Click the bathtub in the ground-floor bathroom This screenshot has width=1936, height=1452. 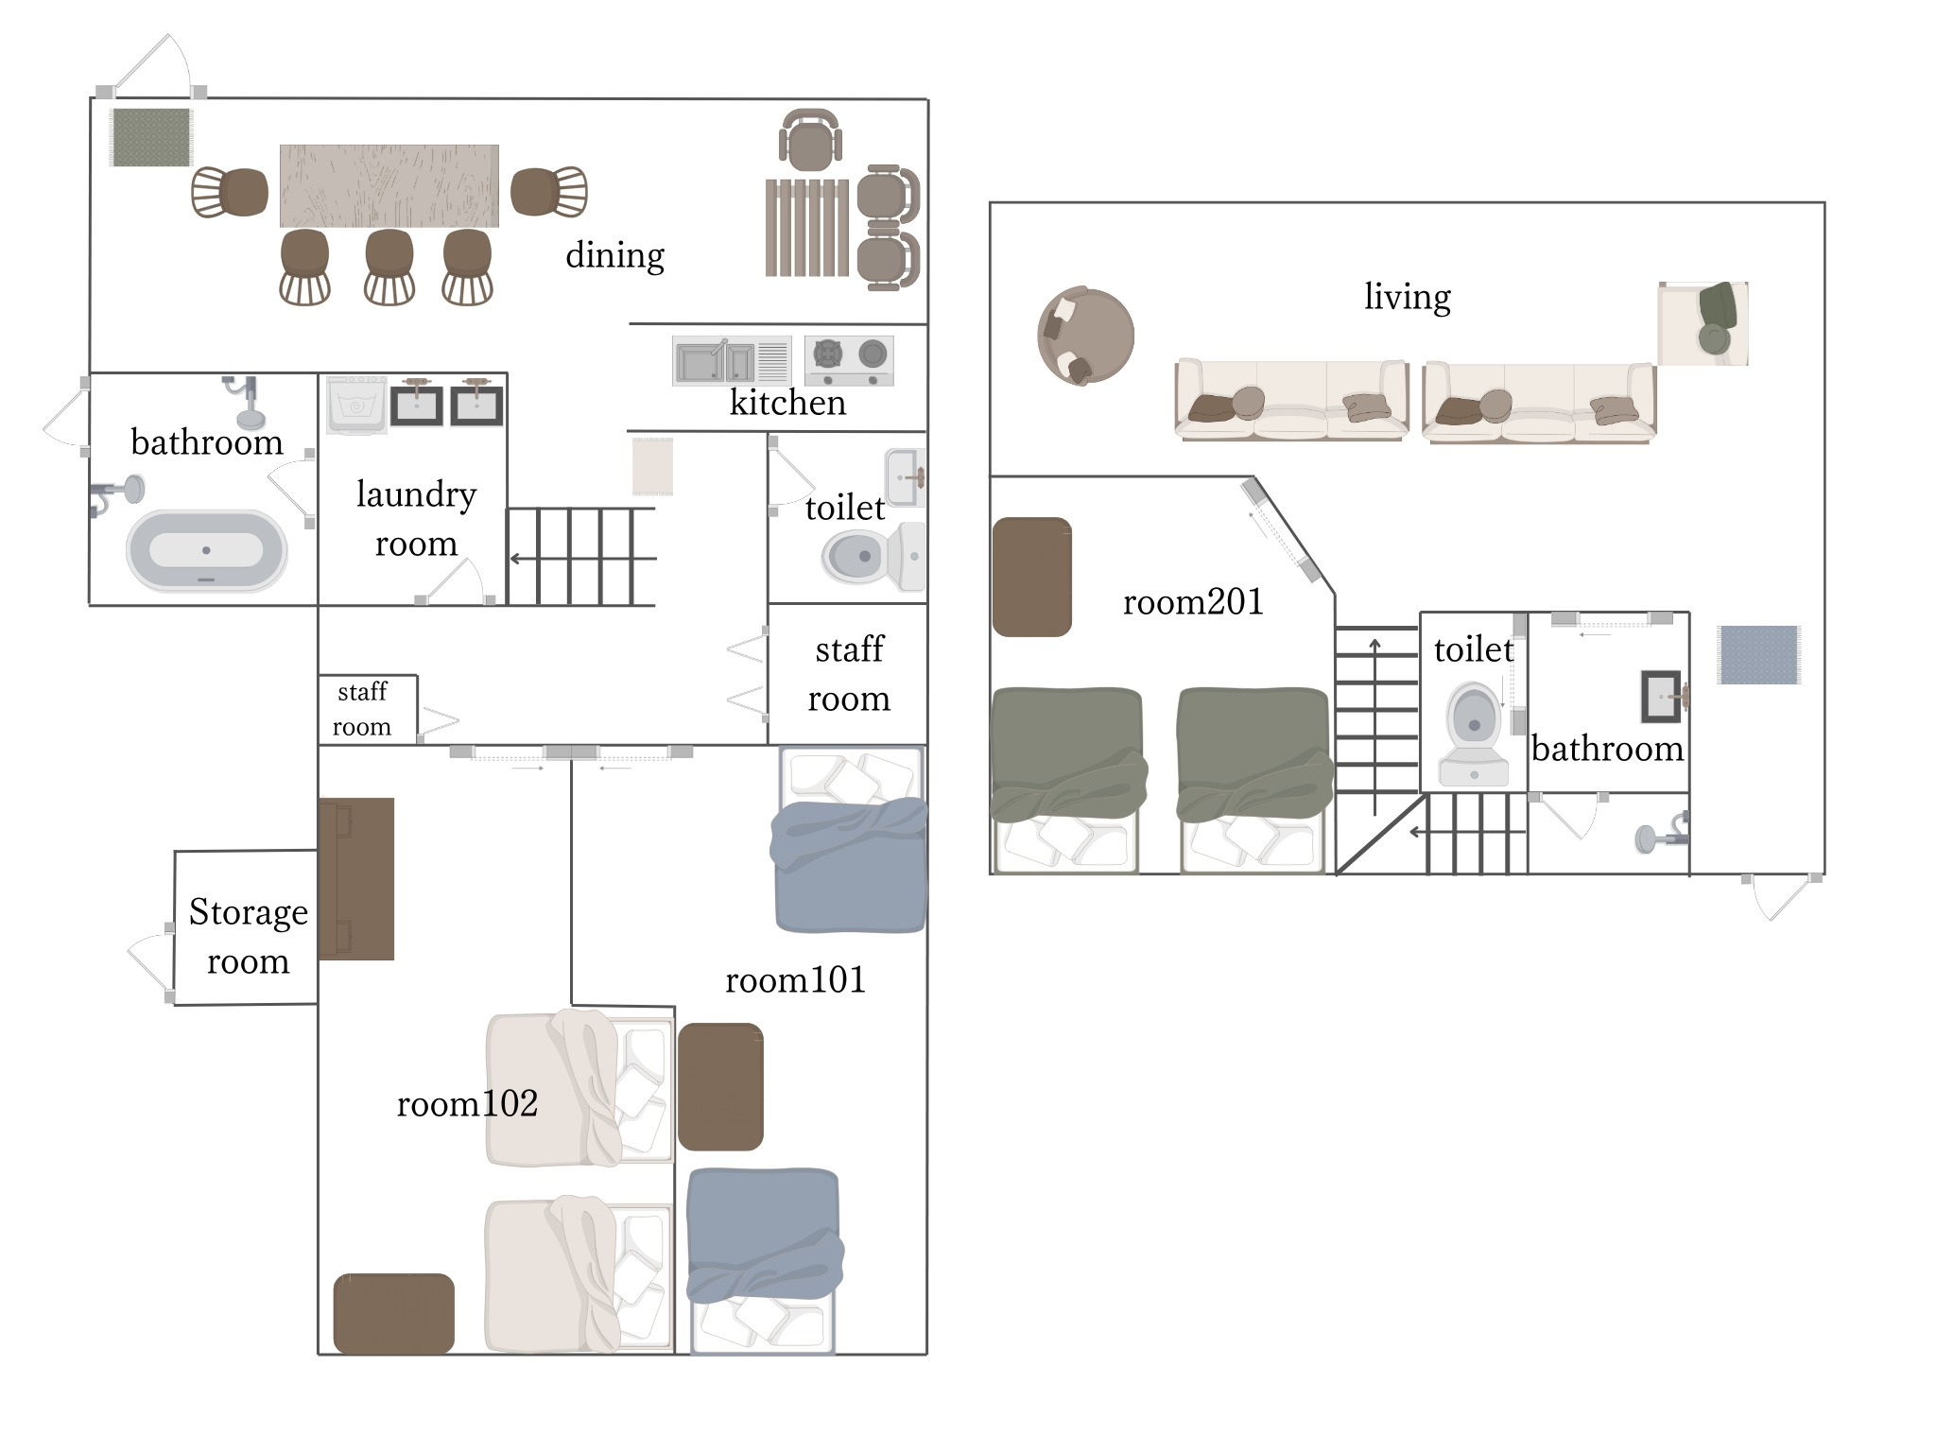[206, 550]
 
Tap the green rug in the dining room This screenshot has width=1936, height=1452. [151, 137]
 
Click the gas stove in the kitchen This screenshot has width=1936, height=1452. [849, 361]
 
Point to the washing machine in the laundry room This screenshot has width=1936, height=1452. [356, 405]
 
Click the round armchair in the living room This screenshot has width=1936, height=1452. [1085, 336]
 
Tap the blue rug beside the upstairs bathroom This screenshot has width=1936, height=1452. [1759, 654]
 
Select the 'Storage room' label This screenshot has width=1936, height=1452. [248, 936]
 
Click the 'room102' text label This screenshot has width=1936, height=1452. [467, 1103]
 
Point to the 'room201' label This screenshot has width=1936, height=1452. [1193, 601]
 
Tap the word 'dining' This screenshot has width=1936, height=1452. [614, 255]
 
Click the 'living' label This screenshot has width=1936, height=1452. [1407, 297]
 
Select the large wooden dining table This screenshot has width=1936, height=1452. [389, 186]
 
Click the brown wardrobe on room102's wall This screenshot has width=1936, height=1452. [356, 879]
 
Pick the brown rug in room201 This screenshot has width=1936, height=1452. [1031, 577]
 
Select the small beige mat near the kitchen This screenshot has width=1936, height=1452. [652, 466]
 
